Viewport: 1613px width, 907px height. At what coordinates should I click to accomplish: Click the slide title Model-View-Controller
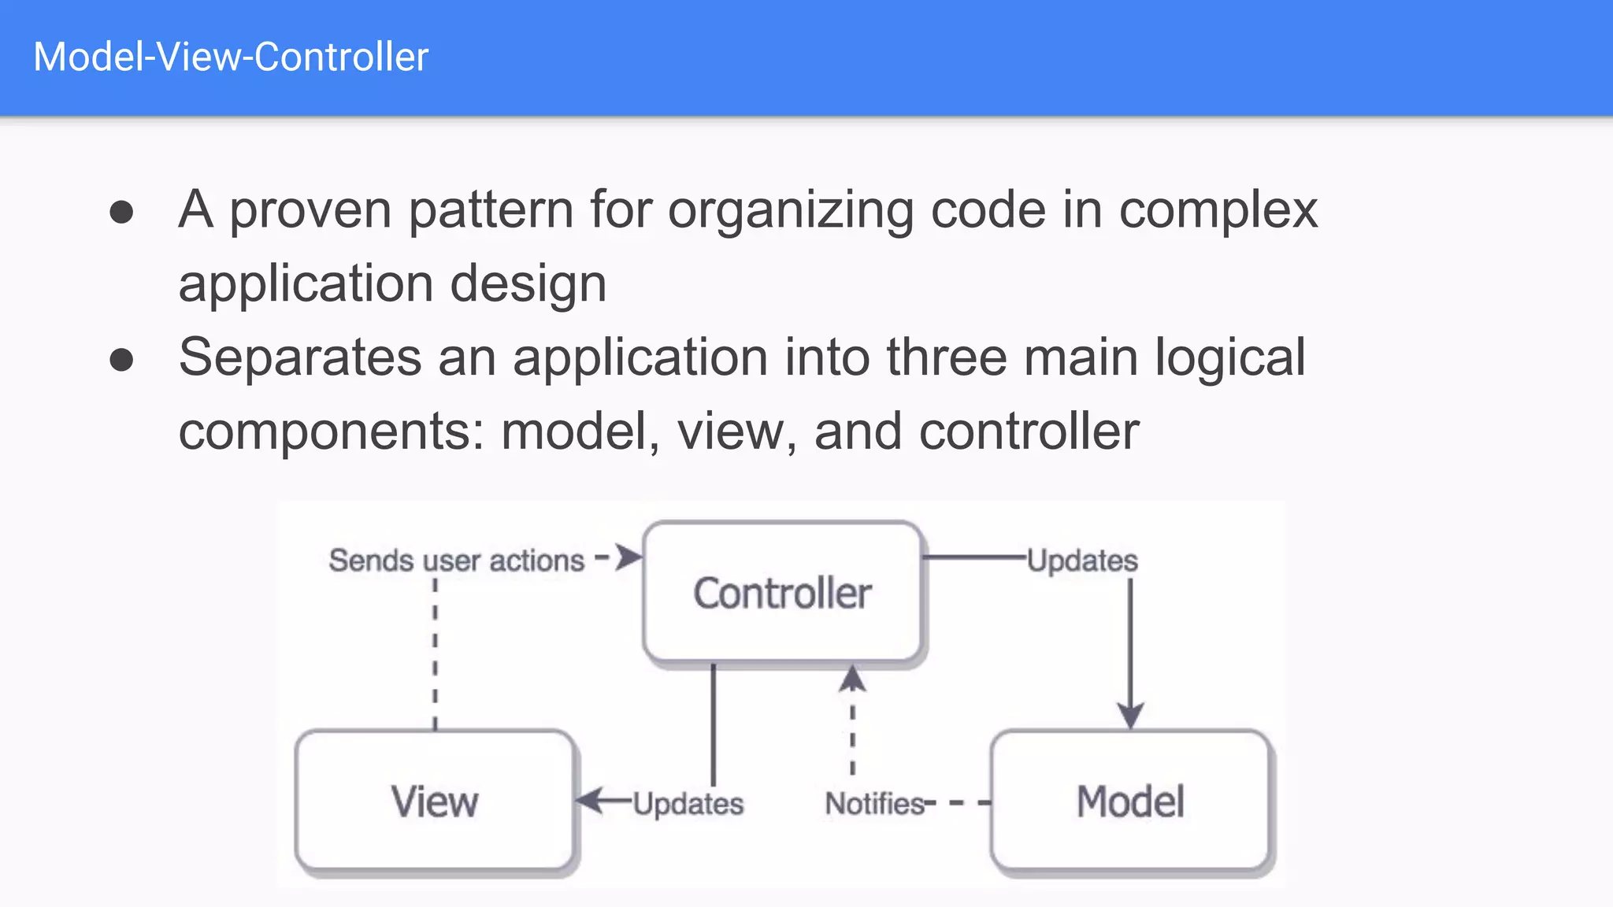231,57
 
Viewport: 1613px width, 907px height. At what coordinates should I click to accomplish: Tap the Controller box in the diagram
782,593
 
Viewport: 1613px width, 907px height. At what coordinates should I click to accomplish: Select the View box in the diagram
435,801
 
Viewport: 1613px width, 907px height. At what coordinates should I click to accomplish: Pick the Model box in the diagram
1130,801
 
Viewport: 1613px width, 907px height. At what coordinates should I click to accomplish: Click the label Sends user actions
457,561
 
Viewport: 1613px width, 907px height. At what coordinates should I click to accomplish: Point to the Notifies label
874,804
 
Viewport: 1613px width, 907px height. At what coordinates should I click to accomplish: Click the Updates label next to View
688,804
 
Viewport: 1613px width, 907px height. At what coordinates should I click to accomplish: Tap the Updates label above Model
1083,561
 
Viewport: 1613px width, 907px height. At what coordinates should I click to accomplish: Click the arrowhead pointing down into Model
1130,716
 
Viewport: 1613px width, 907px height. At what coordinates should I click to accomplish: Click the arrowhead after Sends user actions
629,557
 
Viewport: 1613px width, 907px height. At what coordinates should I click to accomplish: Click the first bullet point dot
121,212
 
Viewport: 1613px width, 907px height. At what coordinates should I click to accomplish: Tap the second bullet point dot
121,360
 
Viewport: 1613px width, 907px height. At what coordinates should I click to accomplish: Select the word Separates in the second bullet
300,357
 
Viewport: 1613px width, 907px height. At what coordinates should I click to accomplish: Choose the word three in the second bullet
946,357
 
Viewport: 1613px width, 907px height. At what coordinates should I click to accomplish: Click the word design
528,284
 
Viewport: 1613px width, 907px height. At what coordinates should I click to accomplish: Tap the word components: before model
331,431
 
